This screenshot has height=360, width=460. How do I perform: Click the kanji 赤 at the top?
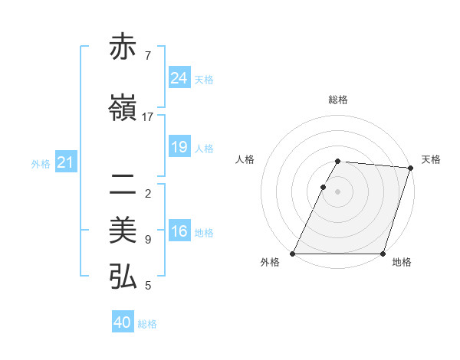[123, 48]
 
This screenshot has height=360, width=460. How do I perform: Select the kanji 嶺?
[123, 108]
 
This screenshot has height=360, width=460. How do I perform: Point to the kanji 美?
[123, 231]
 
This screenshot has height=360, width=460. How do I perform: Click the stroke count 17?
[148, 116]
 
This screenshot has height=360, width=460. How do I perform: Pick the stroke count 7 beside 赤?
[147, 56]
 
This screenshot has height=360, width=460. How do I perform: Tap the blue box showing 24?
[179, 78]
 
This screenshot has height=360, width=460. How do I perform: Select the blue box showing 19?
[179, 147]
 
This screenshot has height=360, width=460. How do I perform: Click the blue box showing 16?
[179, 232]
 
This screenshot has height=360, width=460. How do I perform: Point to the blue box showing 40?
[123, 322]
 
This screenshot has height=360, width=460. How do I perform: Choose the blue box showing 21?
[66, 162]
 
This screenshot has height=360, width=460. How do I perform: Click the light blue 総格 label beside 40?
[147, 324]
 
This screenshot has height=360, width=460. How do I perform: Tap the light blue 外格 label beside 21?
[41, 164]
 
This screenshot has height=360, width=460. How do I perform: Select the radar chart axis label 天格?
[431, 159]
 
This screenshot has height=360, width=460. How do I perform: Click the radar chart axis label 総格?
[338, 100]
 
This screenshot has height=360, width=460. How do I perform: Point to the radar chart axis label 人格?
[245, 159]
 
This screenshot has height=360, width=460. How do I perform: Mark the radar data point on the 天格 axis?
[411, 168]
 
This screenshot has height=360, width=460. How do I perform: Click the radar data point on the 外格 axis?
[293, 254]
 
